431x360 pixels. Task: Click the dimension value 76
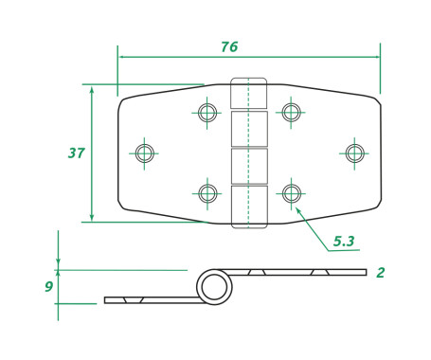228,46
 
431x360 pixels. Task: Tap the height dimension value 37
77,153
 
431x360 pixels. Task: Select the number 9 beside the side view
48,286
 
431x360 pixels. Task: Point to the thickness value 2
380,273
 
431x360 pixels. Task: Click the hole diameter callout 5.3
344,242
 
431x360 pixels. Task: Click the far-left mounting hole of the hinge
144,153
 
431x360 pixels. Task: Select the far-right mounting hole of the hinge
354,153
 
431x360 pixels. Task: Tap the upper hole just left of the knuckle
207,113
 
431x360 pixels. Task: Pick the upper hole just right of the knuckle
291,113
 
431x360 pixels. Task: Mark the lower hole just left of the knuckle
207,193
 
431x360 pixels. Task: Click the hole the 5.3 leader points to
291,193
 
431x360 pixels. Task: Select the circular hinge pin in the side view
214,286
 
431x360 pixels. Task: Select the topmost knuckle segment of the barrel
249,94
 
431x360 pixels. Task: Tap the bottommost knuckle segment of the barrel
249,207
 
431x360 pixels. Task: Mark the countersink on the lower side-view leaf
133,300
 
